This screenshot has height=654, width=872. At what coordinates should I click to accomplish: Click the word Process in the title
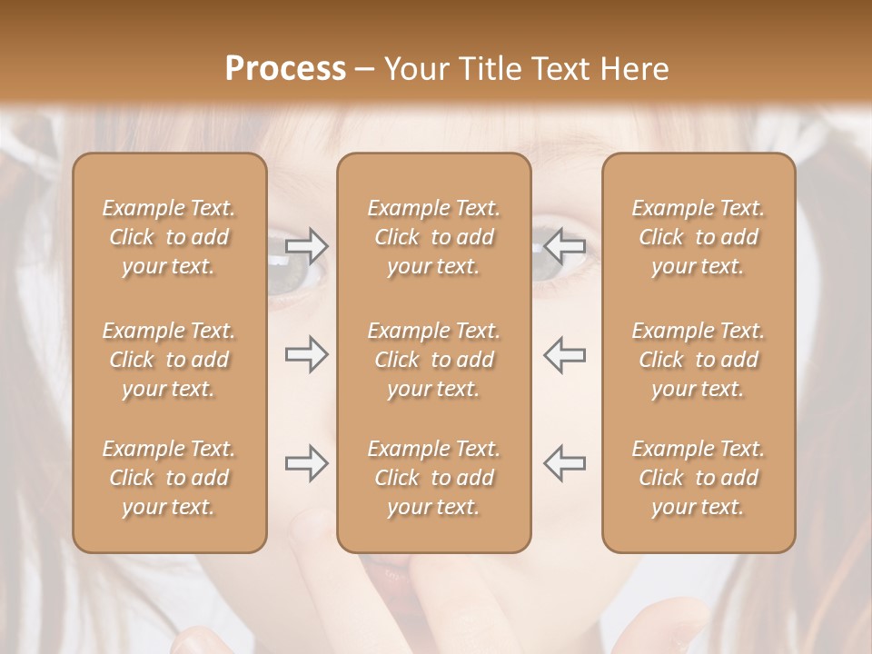point(285,68)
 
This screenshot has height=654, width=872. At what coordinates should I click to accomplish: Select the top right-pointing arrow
point(306,245)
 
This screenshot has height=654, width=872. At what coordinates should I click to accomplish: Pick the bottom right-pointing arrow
point(306,463)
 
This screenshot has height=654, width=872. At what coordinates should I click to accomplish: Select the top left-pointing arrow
point(565,245)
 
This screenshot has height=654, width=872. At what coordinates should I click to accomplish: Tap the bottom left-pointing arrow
point(565,463)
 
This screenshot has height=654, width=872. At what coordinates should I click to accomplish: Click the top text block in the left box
point(169,237)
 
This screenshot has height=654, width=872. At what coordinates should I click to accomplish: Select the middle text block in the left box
point(169,360)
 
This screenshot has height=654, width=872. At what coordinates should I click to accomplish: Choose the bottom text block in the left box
point(169,478)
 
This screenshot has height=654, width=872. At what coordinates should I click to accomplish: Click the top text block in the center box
point(433,237)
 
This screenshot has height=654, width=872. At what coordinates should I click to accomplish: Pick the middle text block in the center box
point(433,360)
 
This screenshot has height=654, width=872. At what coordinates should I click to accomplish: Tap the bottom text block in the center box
point(433,478)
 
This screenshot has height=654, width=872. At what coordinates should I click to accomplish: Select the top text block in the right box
point(698,237)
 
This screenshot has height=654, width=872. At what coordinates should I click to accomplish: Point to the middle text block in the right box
point(698,360)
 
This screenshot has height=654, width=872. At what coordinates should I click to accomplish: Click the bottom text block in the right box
point(698,478)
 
